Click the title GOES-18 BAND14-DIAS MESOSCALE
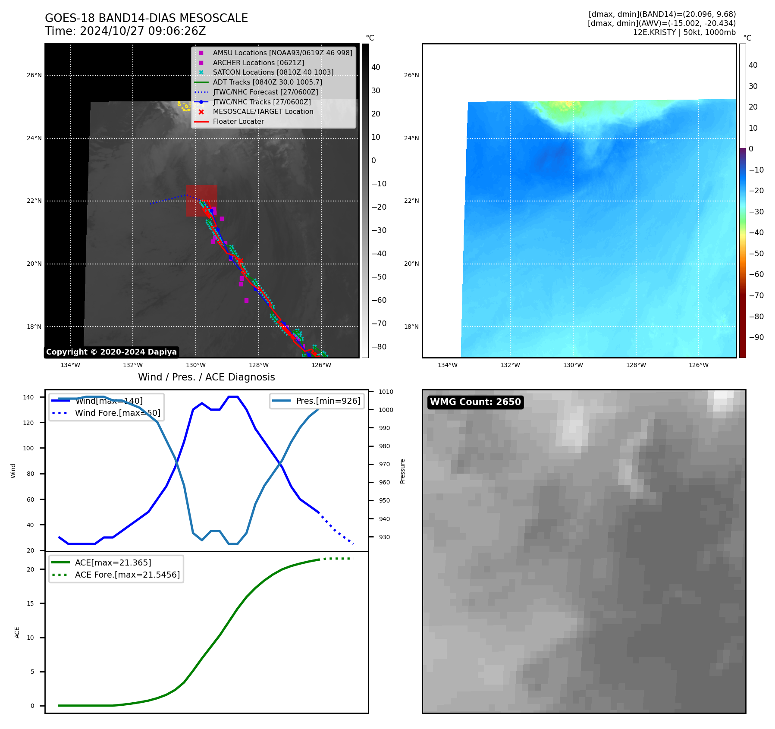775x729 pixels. coord(146,18)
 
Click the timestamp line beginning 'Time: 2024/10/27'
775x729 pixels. coord(125,31)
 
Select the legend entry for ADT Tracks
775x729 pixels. coord(267,82)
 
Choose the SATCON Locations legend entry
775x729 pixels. coord(273,72)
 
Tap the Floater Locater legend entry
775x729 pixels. coord(238,121)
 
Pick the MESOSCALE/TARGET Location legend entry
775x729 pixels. coord(263,111)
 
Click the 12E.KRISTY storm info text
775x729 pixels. coord(684,32)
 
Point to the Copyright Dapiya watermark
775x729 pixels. coord(111,352)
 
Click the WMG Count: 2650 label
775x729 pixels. coord(475,402)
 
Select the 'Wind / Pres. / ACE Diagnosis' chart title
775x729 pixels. coord(206,377)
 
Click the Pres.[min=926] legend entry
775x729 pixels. coord(328,401)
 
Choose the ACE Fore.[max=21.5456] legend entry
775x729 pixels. coord(127,575)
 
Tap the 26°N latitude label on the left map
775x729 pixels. coord(35,75)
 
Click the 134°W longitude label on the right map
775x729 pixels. coord(447,365)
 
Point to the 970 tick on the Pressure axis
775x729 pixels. coord(384,464)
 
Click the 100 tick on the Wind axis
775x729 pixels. coord(28,448)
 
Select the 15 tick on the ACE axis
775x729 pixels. coord(30,603)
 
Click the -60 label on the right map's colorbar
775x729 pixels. coord(756,274)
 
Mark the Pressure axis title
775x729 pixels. coord(402,471)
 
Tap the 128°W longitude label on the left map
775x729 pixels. coord(259,365)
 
